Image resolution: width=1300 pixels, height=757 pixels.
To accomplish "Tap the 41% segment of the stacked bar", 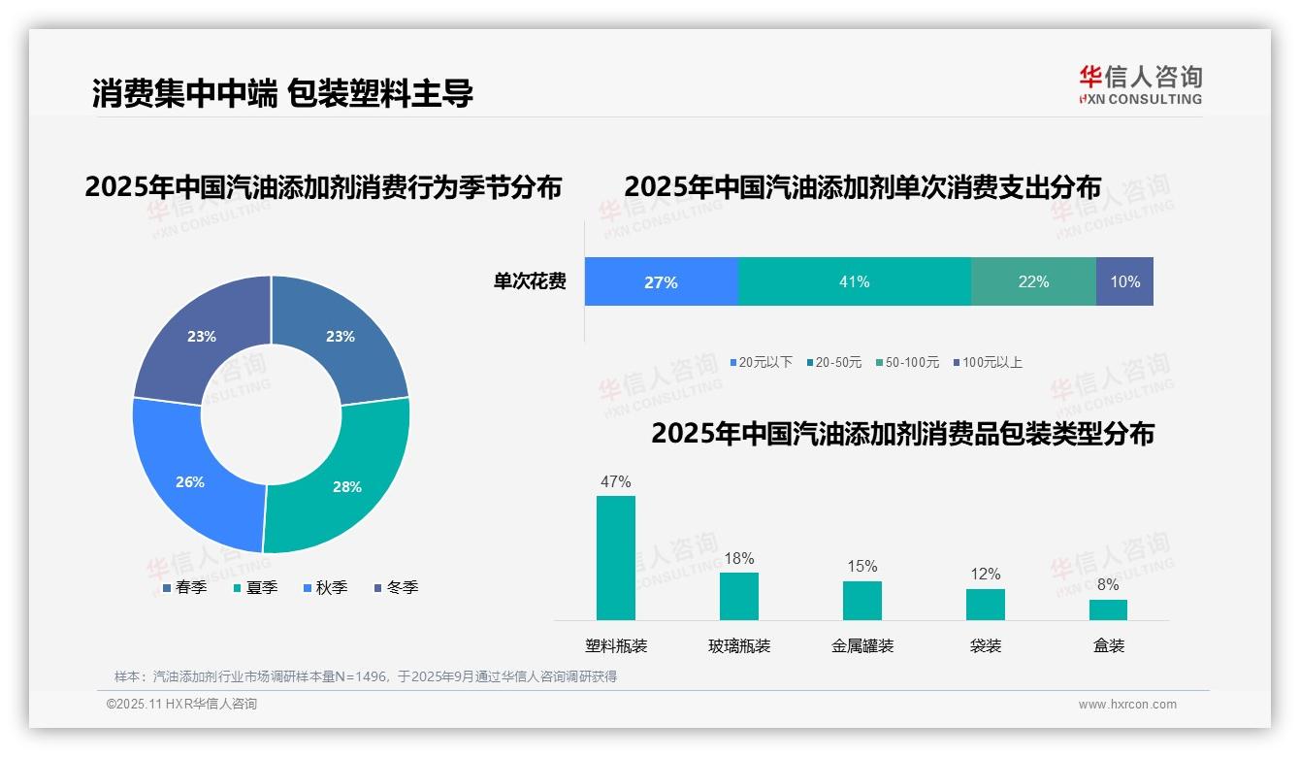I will (x=855, y=281).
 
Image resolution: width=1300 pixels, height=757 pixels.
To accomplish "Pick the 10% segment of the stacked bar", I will (x=1124, y=281).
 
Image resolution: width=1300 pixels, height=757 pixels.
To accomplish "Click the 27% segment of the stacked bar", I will (x=662, y=281).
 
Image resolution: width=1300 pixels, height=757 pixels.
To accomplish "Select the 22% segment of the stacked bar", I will (x=1033, y=281).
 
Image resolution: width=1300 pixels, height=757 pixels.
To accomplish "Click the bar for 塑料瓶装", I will (x=616, y=558).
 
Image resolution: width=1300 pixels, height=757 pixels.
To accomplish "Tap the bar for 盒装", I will (x=1108, y=609).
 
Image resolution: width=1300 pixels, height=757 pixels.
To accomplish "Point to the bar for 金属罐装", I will (x=861, y=600).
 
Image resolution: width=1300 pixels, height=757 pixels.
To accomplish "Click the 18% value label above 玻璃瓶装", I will (x=738, y=558).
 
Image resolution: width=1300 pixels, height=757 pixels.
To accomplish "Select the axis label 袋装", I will (x=986, y=645).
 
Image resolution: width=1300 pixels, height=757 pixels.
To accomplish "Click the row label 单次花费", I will (x=530, y=281).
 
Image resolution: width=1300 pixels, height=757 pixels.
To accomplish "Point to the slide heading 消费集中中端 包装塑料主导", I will (x=282, y=93).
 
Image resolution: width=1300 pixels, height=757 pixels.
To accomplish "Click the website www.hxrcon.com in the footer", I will (x=1127, y=704).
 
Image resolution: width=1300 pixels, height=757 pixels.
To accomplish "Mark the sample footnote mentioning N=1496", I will (x=366, y=676).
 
